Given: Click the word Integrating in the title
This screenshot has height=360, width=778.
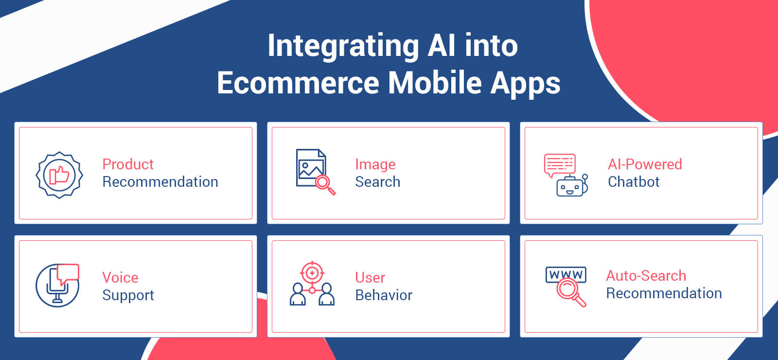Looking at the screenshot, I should pos(343,47).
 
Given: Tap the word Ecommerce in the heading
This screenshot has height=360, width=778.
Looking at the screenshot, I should pos(298,83).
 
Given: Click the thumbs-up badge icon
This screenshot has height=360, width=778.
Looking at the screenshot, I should pos(59,175).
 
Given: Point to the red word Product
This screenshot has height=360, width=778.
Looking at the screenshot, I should pos(128,164).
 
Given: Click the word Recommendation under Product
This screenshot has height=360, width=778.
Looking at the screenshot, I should pos(160,182).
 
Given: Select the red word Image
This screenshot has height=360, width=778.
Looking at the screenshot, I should pos(375,164).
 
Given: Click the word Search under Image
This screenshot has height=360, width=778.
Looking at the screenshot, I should pos(377,182).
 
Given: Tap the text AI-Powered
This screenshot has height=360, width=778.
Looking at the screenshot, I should pos(645,164).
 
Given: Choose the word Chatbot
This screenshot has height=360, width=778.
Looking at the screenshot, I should pos(633,182).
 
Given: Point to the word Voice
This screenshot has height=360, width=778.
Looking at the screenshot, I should pos(120,278).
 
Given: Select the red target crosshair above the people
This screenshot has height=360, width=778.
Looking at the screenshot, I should pos(312,273).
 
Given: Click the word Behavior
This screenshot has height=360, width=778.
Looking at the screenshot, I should pos(384,295).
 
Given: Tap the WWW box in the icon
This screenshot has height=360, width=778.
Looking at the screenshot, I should pos(566,275).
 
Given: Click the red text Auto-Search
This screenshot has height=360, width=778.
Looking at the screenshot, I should pos(646,276).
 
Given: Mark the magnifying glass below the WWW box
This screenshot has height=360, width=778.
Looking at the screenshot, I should pos(570,292).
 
